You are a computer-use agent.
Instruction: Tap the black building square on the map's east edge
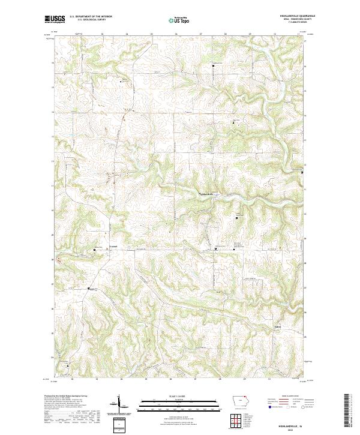tap(302, 172)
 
